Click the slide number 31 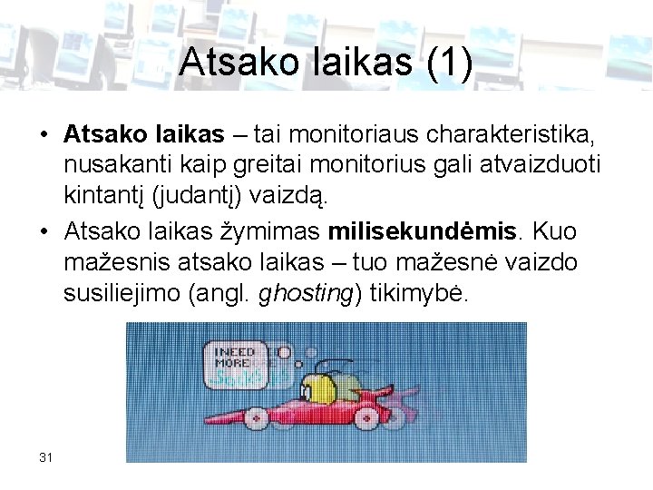[x=46, y=456]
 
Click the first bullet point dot [x=44, y=136]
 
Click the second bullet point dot [x=44, y=232]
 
